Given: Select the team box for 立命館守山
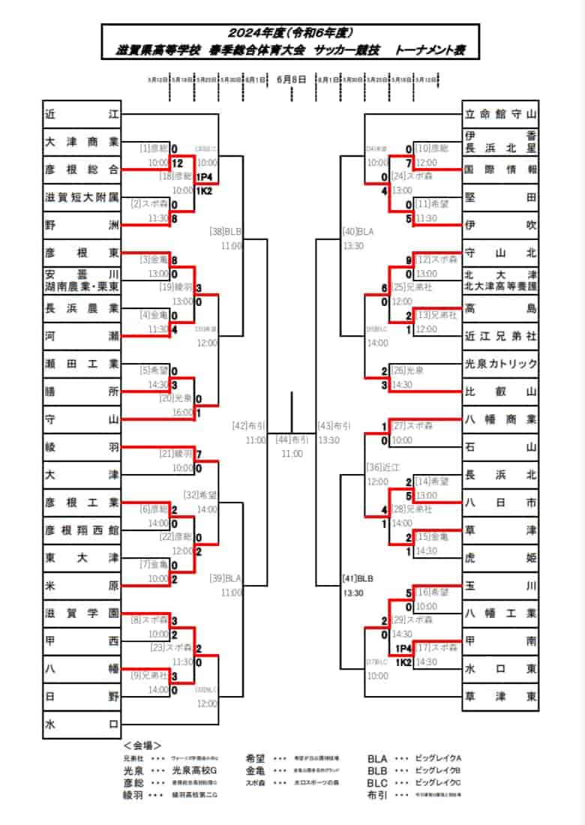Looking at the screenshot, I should point(500,114).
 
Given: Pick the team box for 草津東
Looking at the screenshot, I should point(500,697).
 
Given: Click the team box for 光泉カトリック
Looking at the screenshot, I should point(500,364).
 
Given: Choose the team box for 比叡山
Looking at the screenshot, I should point(500,391).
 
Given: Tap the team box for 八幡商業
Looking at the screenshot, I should point(500,419).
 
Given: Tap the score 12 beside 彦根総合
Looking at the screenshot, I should point(177,163).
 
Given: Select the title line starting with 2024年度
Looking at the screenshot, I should point(291,33).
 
